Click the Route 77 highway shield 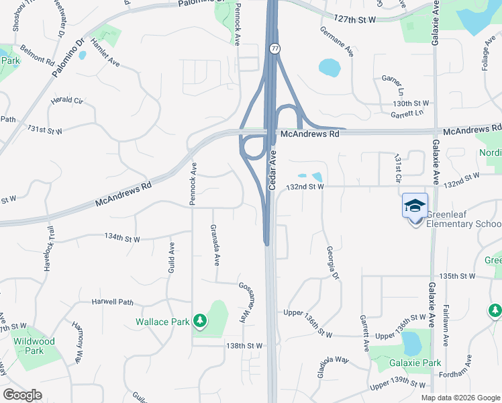click(x=275, y=49)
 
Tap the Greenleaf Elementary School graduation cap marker click(x=415, y=205)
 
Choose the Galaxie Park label click(x=415, y=363)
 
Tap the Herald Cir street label click(x=66, y=100)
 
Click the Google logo click(x=23, y=395)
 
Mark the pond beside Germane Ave click(x=330, y=67)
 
